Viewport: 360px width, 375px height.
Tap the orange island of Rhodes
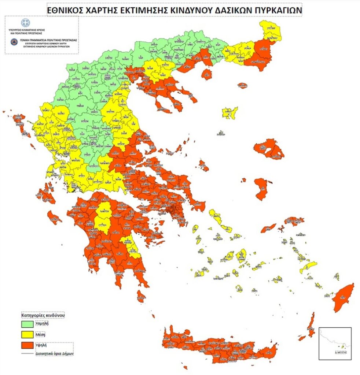[344, 297]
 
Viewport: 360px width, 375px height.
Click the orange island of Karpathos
[311, 326]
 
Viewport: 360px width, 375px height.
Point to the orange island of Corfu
[20, 125]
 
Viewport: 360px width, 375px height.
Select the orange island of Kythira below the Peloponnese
[141, 296]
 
